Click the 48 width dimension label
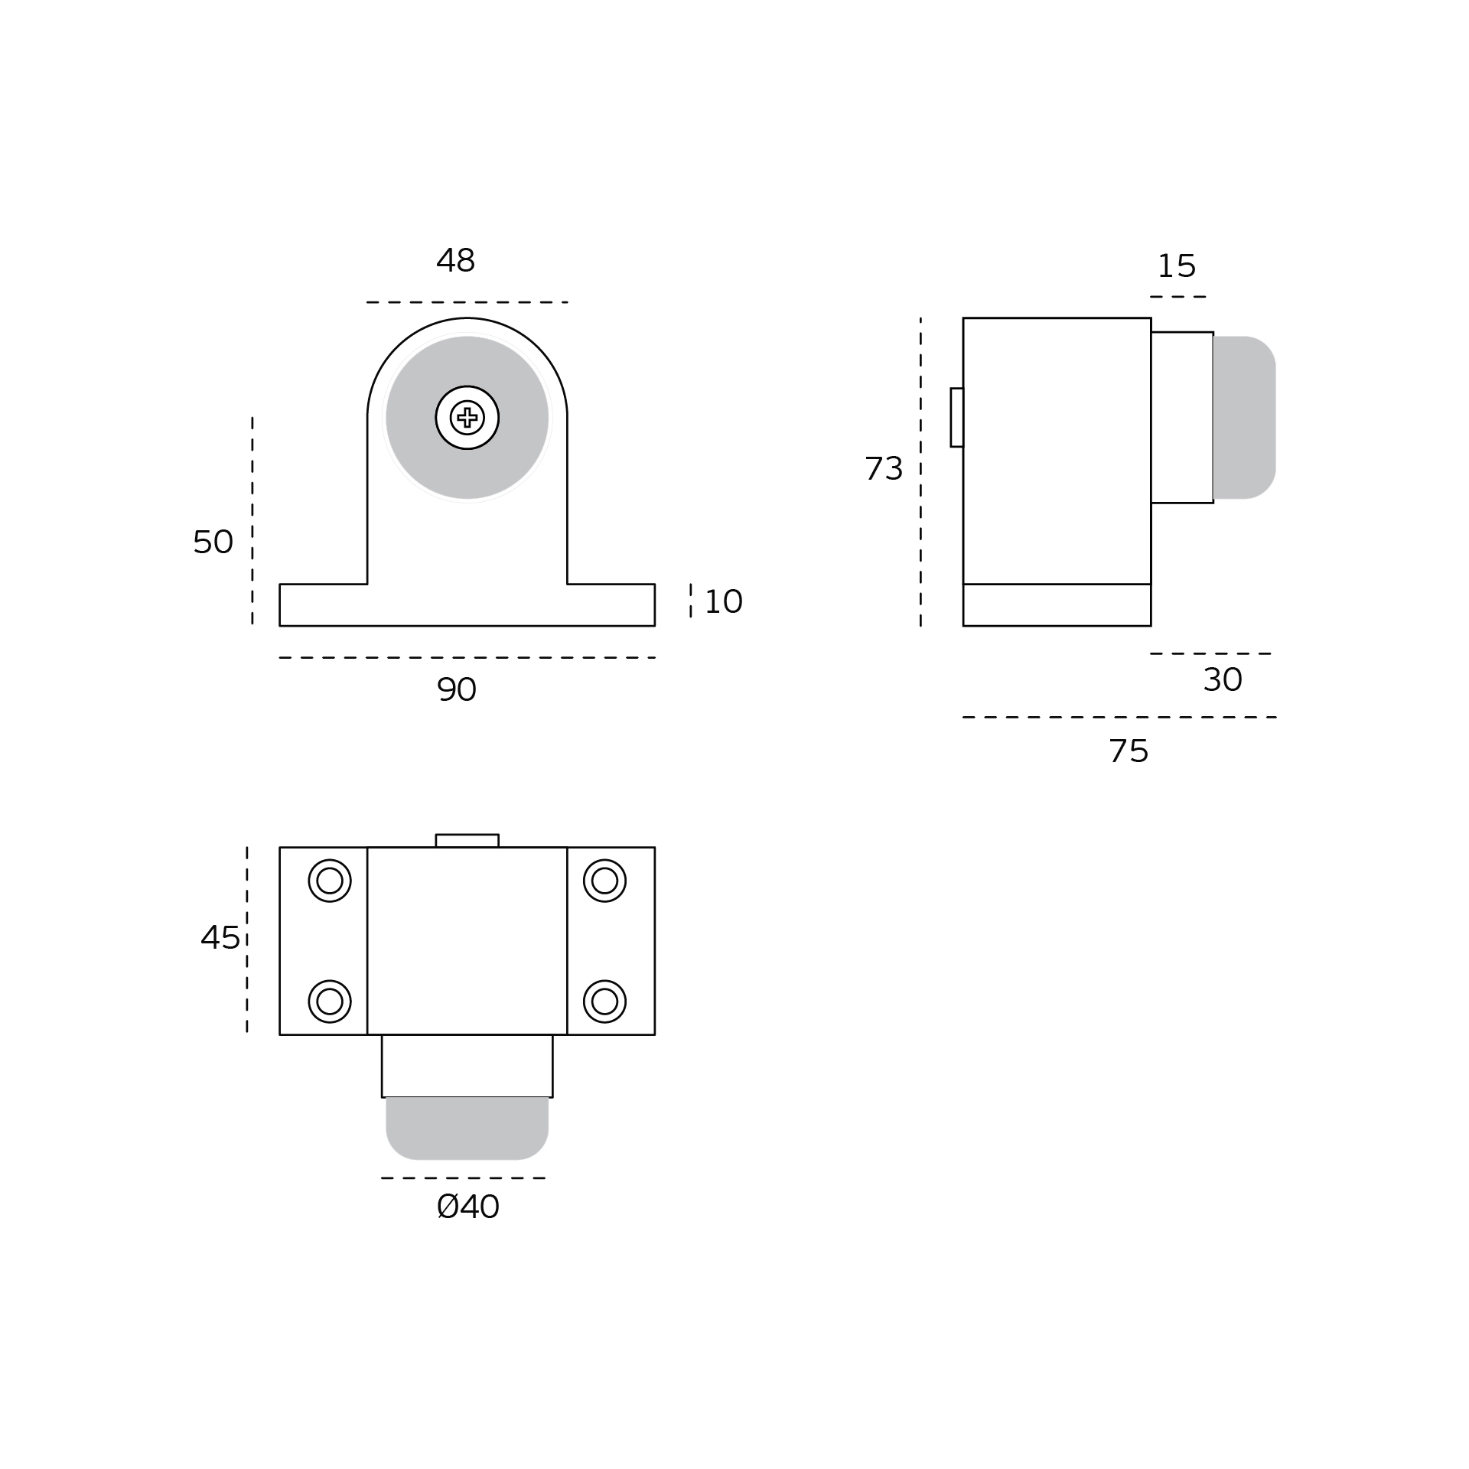[x=456, y=260]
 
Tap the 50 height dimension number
[x=213, y=542]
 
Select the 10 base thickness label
[x=723, y=601]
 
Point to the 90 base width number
[x=457, y=689]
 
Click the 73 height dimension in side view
[x=884, y=468]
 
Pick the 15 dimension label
[x=1177, y=265]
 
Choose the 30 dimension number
[x=1223, y=679]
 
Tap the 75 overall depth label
[x=1129, y=751]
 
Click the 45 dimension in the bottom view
[x=220, y=937]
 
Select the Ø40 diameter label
[x=468, y=1207]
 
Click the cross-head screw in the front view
[x=467, y=418]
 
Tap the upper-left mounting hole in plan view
[x=330, y=881]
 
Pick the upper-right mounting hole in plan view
[x=604, y=881]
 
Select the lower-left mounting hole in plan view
[x=330, y=1001]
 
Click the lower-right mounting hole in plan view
[x=604, y=1001]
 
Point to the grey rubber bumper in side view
[x=1244, y=418]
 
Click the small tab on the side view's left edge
[x=957, y=417]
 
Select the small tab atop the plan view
[x=467, y=840]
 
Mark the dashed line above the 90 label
[x=467, y=657]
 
